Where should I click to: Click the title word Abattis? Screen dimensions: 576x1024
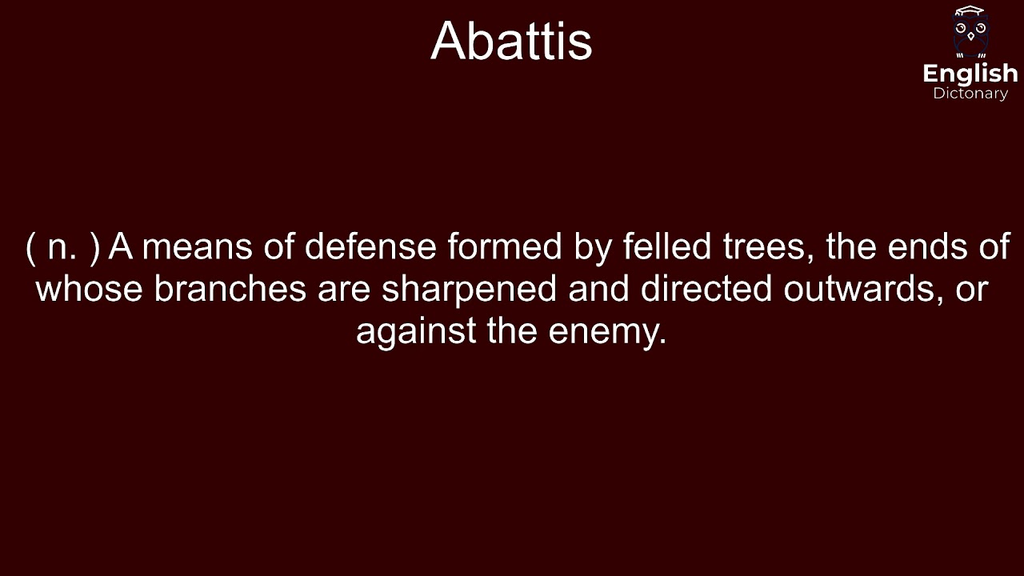point(511,41)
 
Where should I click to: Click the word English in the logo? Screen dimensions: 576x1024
point(970,74)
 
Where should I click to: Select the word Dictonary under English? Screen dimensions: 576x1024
point(970,94)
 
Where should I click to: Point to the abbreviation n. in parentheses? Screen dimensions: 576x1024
point(62,247)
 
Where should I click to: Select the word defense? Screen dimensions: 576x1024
point(370,247)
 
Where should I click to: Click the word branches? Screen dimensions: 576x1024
point(230,289)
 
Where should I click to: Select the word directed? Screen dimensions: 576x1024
point(706,289)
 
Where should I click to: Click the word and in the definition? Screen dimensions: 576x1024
point(598,289)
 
